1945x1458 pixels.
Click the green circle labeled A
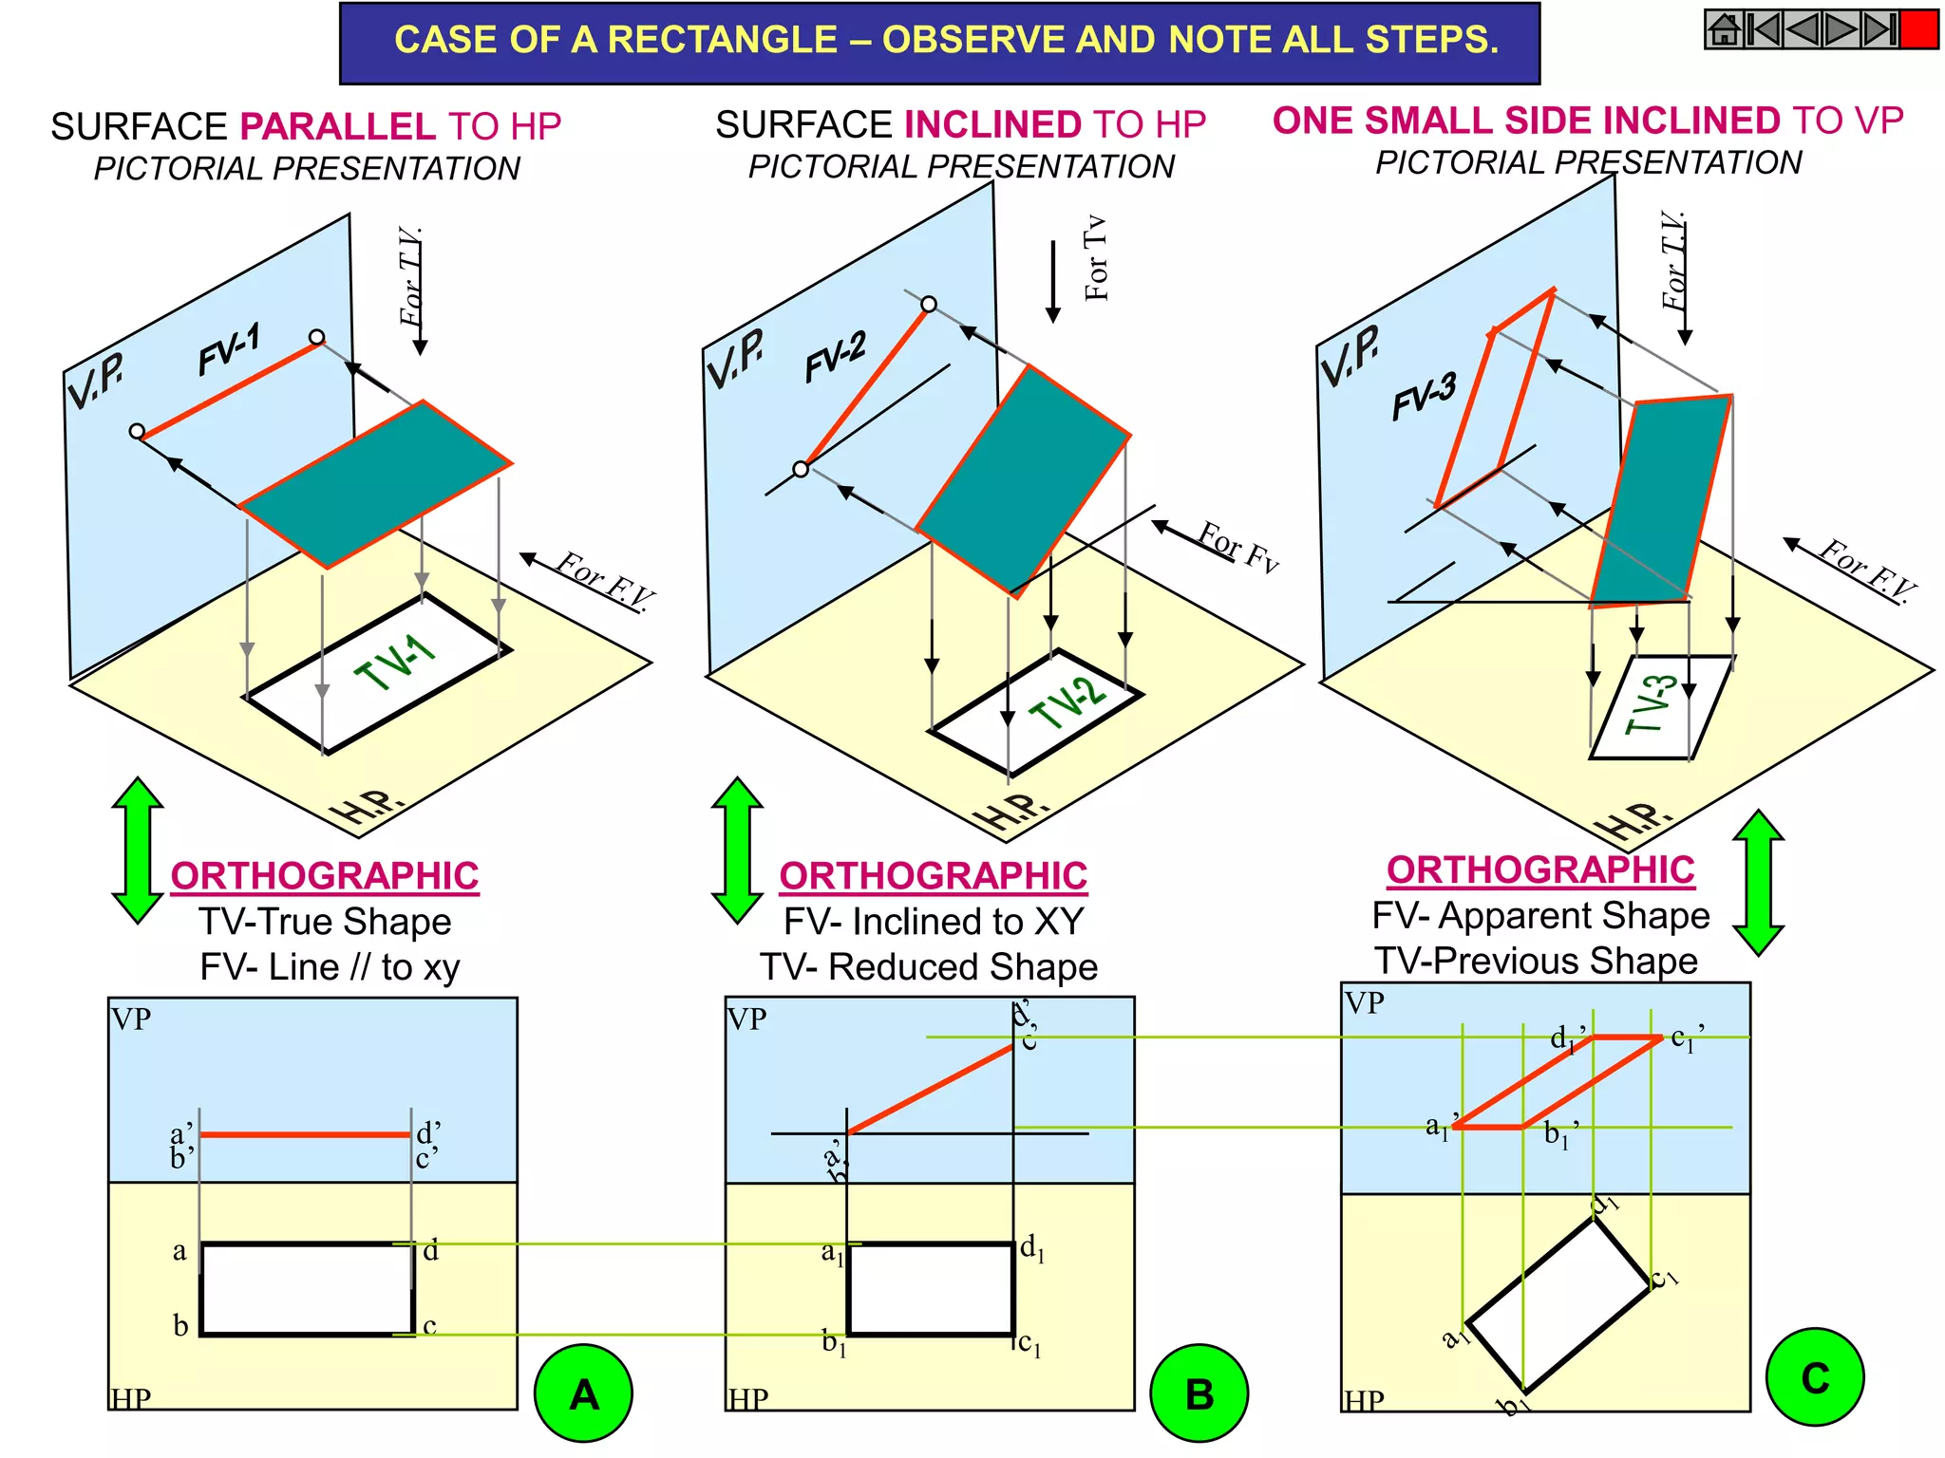click(x=583, y=1393)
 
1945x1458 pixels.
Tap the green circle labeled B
click(x=1199, y=1393)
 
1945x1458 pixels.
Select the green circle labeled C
click(x=1814, y=1377)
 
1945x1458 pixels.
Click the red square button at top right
click(x=1918, y=29)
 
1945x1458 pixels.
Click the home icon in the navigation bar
click(x=1724, y=29)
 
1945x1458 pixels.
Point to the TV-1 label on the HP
click(x=394, y=662)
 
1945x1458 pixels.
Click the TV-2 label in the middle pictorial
click(x=1068, y=703)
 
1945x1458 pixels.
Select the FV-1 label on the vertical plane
click(x=228, y=349)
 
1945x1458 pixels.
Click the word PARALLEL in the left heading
click(x=337, y=126)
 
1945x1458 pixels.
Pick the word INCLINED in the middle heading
click(x=992, y=124)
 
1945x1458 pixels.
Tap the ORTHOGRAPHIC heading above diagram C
click(x=1539, y=869)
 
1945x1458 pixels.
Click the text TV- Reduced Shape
click(x=928, y=966)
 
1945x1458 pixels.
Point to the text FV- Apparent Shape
click(x=1539, y=915)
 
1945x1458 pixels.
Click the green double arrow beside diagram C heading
click(x=1758, y=882)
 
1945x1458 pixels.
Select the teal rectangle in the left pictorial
click(x=375, y=484)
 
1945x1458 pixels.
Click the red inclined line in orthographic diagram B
click(x=931, y=1089)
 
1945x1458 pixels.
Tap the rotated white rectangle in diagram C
click(x=1558, y=1305)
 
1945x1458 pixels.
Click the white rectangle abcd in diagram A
click(x=307, y=1289)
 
